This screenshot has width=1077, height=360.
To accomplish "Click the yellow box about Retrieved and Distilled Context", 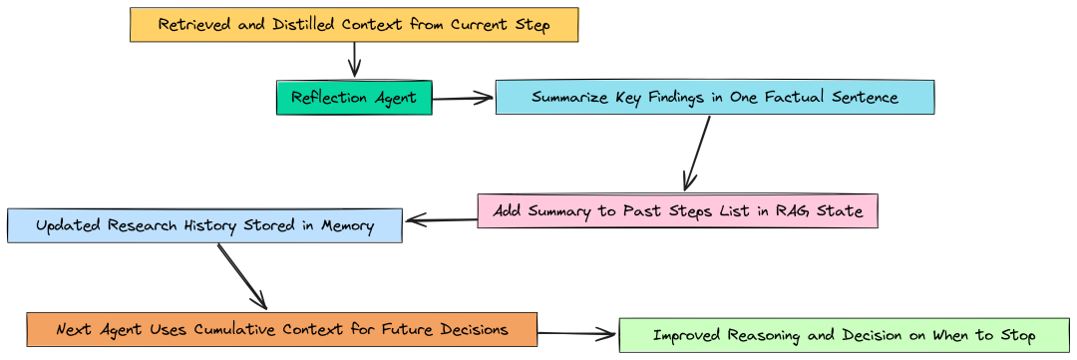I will point(354,25).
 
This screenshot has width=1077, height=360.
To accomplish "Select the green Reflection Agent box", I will point(354,98).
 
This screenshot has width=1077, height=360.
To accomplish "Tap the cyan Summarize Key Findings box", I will point(714,98).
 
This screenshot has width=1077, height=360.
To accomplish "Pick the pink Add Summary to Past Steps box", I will point(677,211).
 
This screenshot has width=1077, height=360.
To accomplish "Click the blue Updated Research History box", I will point(204,225).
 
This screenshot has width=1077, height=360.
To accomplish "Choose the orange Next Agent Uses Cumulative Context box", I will point(281,329).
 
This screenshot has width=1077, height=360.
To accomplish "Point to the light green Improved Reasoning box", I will point(844,335).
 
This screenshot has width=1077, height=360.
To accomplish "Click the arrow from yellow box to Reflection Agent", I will point(354,60).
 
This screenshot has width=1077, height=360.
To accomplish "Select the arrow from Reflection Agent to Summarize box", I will point(464,98).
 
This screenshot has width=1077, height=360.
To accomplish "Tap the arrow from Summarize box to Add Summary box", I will point(697,154).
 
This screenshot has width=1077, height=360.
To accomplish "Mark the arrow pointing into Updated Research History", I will point(440,220).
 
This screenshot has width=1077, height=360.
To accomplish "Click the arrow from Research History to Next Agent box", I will point(242,276).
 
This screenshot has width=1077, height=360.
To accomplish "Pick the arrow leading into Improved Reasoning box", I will point(577,334).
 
